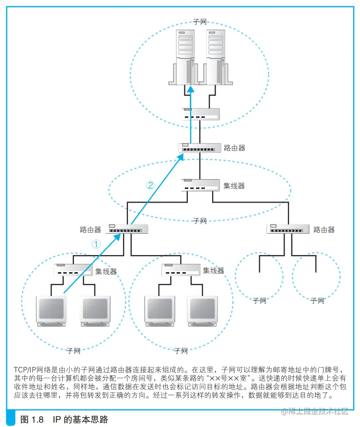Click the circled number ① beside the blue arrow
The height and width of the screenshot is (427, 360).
click(96, 244)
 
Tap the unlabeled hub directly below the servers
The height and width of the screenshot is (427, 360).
click(200, 114)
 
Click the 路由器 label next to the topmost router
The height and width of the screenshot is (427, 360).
click(234, 147)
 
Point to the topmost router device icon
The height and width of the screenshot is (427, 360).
click(200, 147)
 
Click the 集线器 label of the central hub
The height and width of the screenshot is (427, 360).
click(234, 186)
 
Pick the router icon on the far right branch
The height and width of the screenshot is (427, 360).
click(288, 229)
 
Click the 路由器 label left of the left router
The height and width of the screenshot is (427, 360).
click(90, 229)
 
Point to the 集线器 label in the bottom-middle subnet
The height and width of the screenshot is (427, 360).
click(213, 271)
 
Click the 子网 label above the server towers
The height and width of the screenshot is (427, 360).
click(200, 23)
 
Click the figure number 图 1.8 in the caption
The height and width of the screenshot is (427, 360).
click(33, 419)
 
